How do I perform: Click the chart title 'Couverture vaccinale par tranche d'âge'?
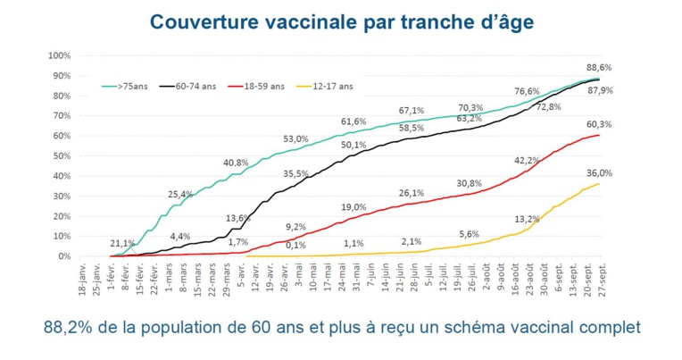343,21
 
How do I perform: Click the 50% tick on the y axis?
60,155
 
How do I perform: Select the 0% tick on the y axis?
62,256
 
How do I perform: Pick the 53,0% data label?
296,139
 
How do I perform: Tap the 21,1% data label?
122,243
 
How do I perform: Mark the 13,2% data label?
527,219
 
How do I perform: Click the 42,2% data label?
527,160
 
